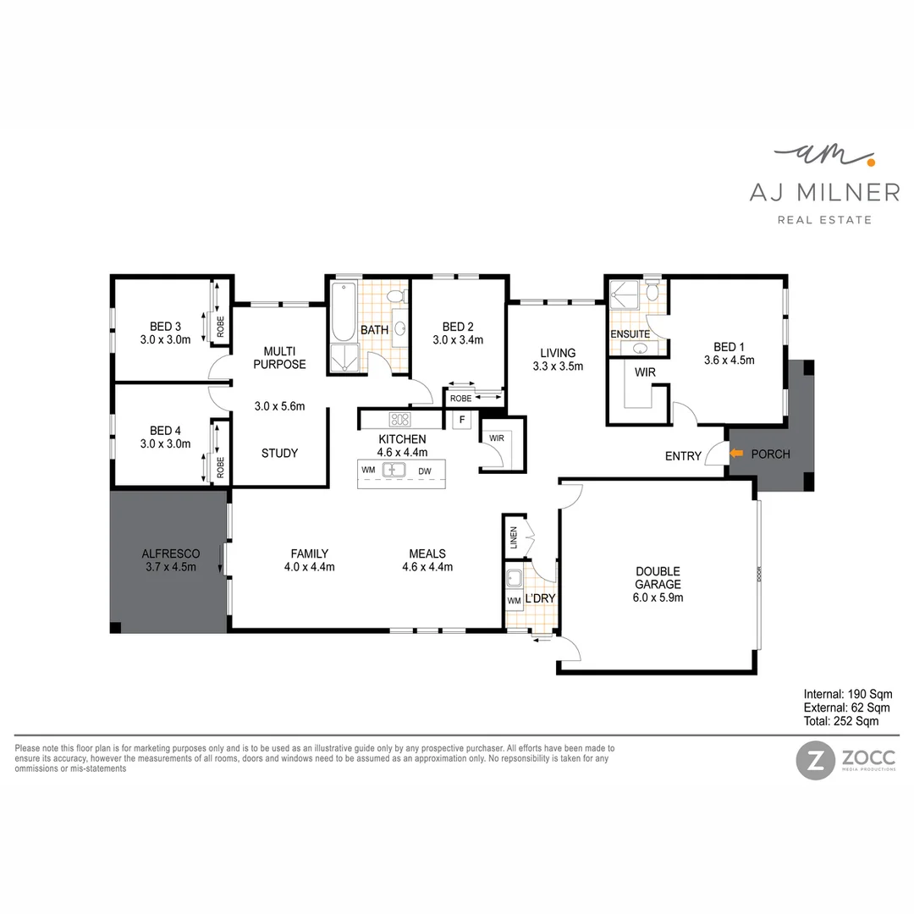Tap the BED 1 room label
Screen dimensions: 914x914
pos(729,347)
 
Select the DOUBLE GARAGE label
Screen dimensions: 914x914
pos(658,578)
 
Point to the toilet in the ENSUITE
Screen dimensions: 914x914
pos(651,293)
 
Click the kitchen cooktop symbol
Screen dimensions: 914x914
pos(399,419)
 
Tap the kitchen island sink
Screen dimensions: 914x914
pos(394,470)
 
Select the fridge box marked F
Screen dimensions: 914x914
pos(462,420)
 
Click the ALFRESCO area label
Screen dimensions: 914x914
pos(170,553)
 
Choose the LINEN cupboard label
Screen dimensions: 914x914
pos(513,537)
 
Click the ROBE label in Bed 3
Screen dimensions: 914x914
pos(221,328)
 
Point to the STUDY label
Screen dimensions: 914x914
pos(279,453)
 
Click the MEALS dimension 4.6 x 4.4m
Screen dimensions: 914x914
pos(427,567)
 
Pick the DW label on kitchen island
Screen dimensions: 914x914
pos(424,470)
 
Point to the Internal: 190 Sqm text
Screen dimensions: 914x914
pos(846,694)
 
